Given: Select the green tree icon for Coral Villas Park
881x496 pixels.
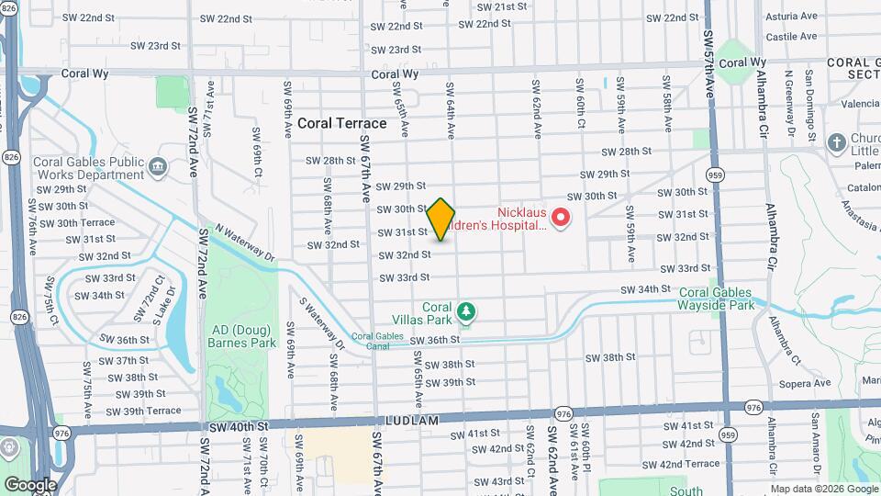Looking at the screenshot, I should click(467, 313).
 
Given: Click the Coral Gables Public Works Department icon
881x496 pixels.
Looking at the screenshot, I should click(157, 166).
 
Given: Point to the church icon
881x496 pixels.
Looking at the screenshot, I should click(836, 142).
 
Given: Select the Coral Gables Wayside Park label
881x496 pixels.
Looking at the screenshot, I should click(717, 299).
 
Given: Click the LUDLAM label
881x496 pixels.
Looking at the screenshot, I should click(442, 420).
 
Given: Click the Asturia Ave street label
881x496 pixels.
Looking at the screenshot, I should click(791, 17).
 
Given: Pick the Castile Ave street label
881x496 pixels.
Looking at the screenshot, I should click(791, 37).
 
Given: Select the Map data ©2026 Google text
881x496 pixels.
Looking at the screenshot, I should click(823, 489).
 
